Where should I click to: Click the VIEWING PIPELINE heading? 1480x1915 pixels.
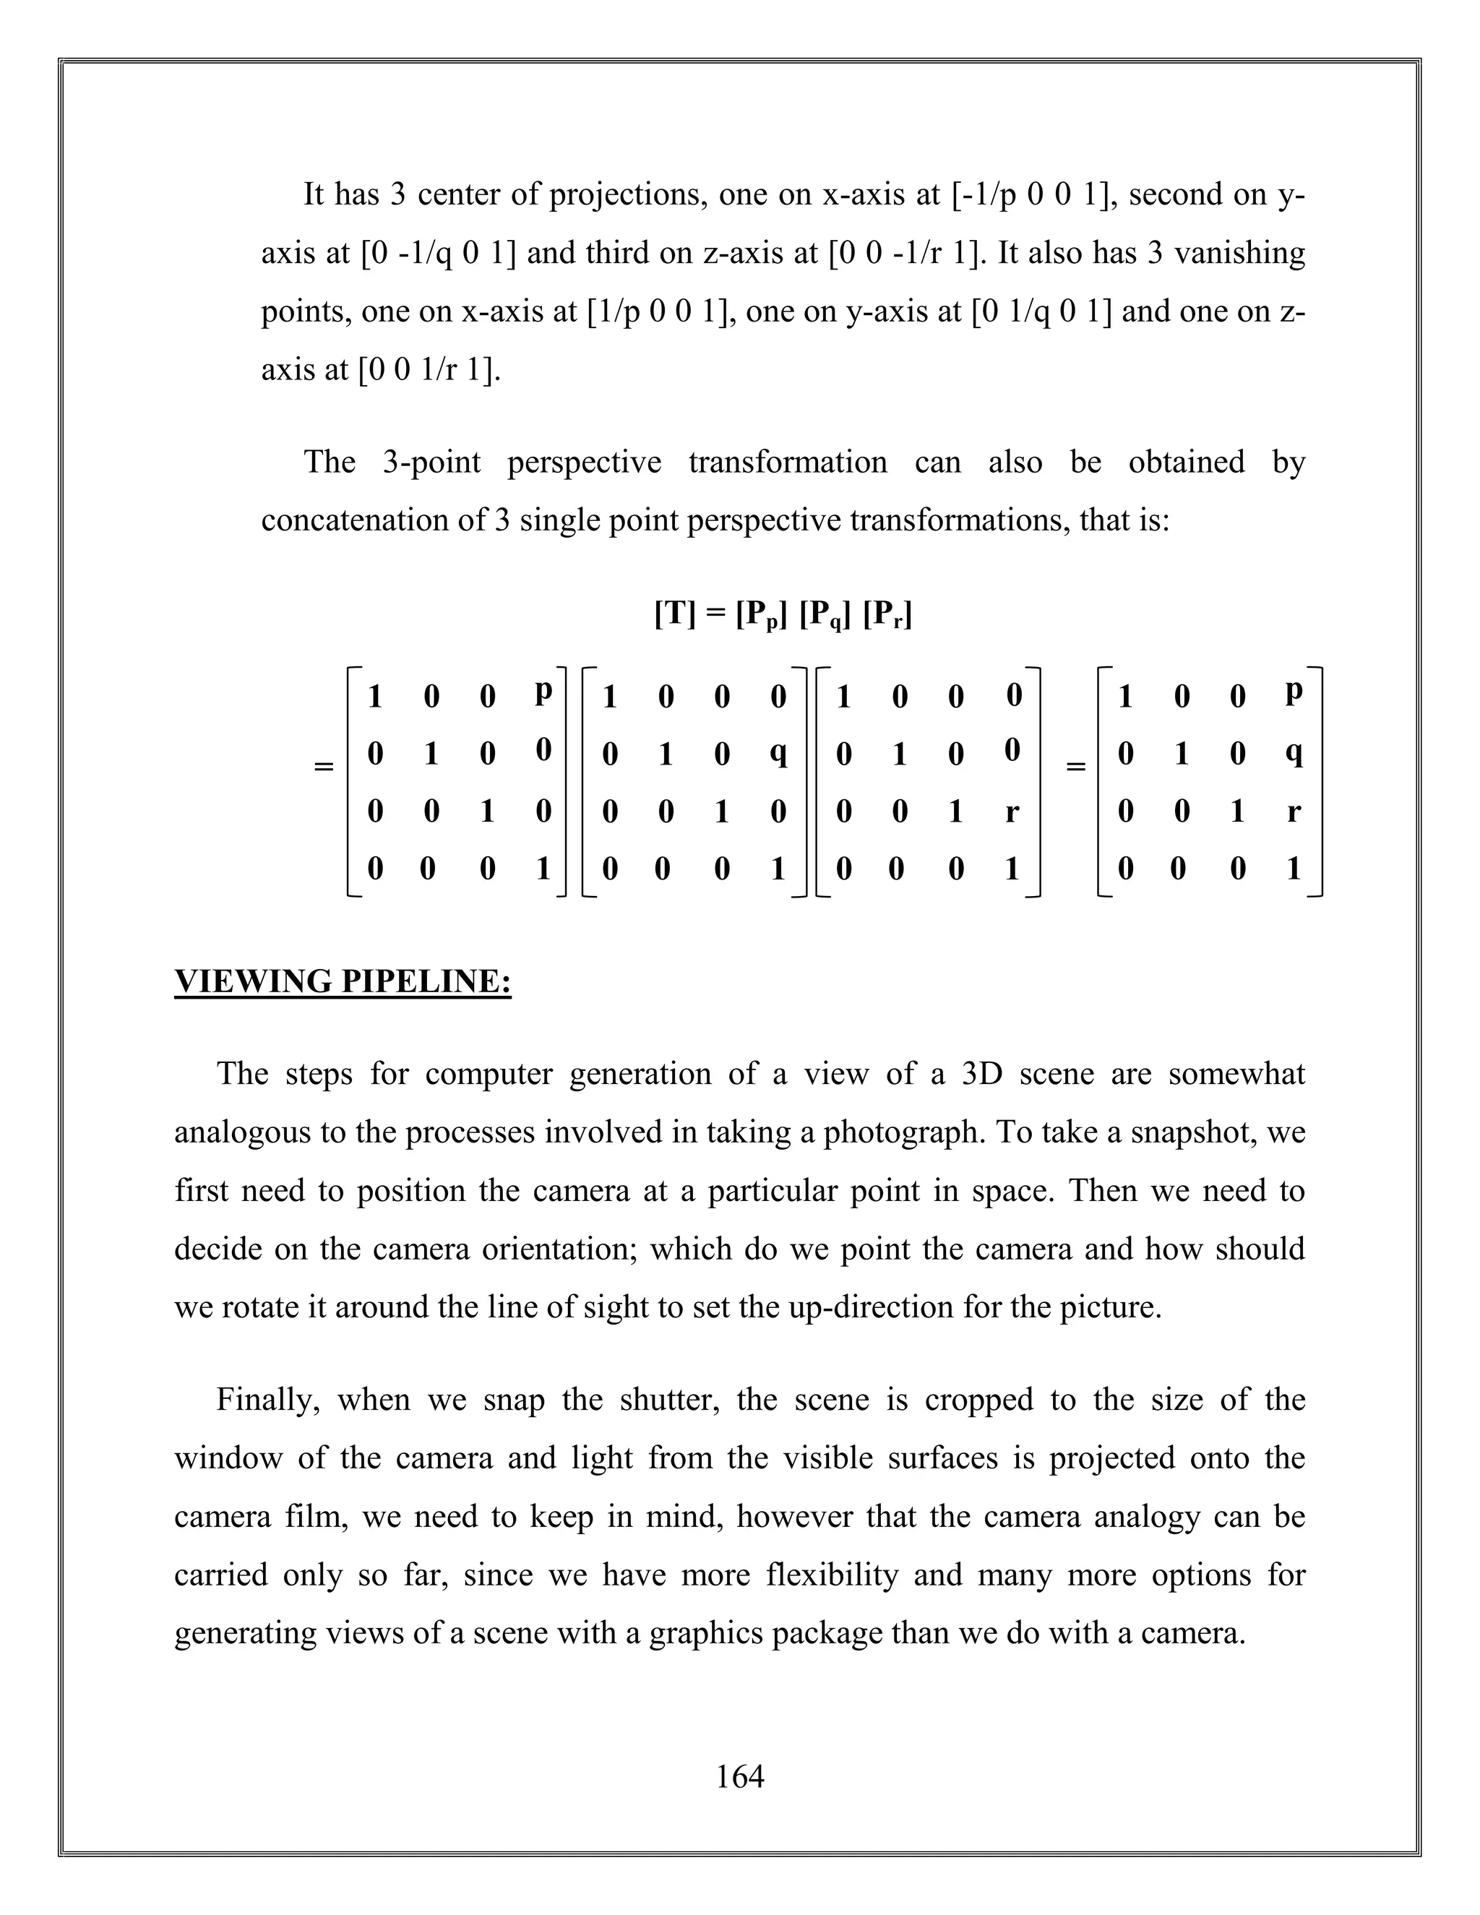click(x=342, y=981)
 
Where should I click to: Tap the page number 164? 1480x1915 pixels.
click(x=740, y=1776)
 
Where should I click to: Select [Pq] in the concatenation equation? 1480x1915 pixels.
click(x=825, y=616)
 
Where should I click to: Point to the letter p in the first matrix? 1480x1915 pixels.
click(x=543, y=692)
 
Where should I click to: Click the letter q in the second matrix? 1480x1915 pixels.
click(x=778, y=753)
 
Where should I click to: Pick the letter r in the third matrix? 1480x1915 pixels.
click(x=1012, y=813)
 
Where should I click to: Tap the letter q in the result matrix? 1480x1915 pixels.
click(x=1294, y=753)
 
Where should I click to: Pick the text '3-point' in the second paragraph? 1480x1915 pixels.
click(x=431, y=462)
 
